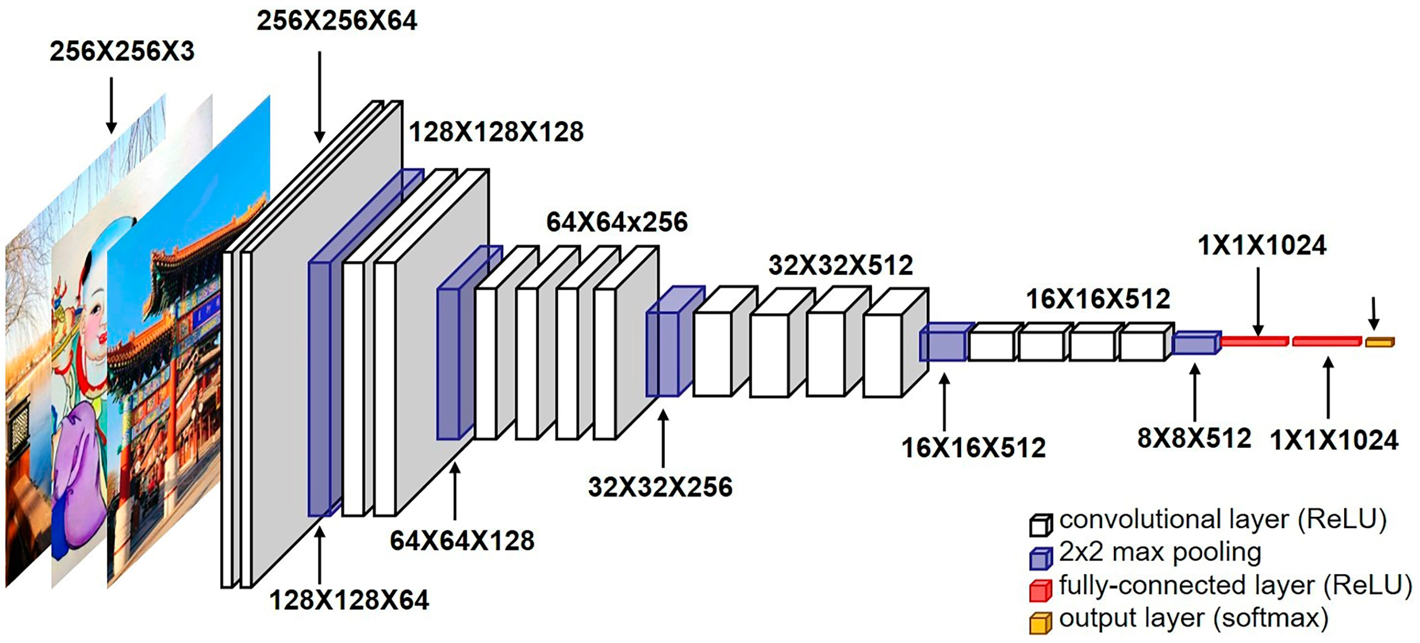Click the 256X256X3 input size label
122,51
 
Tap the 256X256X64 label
337,21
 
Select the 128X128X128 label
496,132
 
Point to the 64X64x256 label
617,222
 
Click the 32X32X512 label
841,265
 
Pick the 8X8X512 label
1194,439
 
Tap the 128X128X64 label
349,600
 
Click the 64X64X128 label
462,541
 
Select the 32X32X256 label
660,487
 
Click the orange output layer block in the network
1379,343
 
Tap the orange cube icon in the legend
1040,623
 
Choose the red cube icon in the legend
1040,590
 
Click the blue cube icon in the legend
1040,558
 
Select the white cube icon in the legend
1040,525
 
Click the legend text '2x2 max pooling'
1160,553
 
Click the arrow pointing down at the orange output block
1374,314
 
